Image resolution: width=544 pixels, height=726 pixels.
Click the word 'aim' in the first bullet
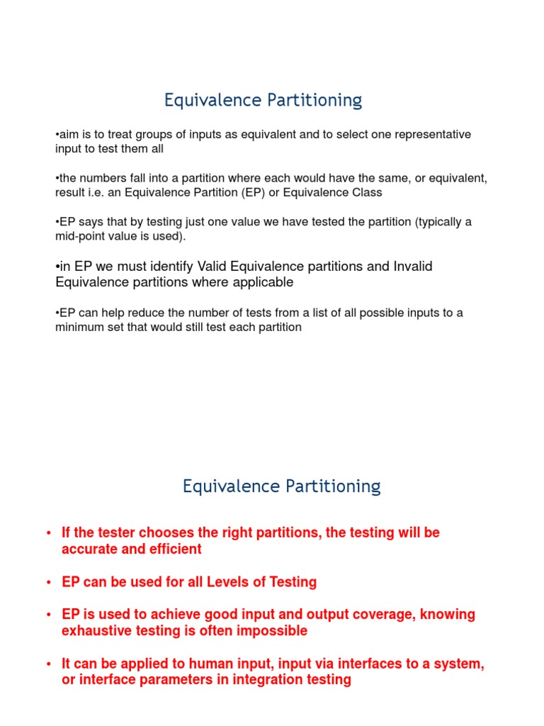point(68,135)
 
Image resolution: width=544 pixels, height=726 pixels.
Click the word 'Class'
point(365,192)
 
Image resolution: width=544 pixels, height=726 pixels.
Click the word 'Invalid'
point(407,267)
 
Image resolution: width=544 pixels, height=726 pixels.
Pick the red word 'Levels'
point(230,582)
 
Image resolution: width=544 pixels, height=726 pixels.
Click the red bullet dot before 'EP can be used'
point(48,583)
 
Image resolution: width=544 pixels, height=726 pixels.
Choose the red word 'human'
point(209,664)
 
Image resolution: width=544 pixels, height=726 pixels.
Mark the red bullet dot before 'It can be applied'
point(48,664)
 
